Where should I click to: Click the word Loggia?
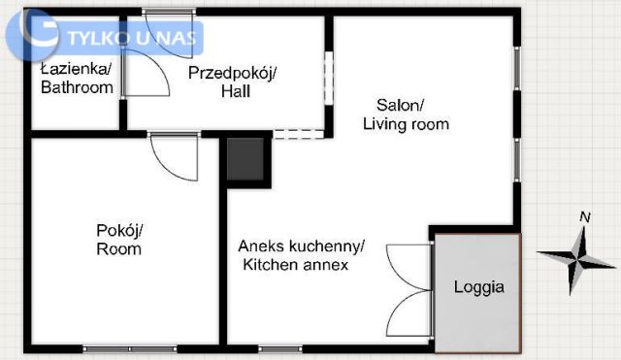point(479,288)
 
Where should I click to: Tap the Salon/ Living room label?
point(406,115)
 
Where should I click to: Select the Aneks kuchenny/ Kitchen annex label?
point(301,255)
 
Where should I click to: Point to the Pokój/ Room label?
point(119,240)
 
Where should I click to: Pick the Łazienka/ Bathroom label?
point(77,78)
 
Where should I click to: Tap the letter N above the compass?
point(584,217)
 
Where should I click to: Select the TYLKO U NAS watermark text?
point(134,39)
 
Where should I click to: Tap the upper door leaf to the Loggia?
point(408,264)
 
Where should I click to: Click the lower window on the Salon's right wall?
point(518,160)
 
